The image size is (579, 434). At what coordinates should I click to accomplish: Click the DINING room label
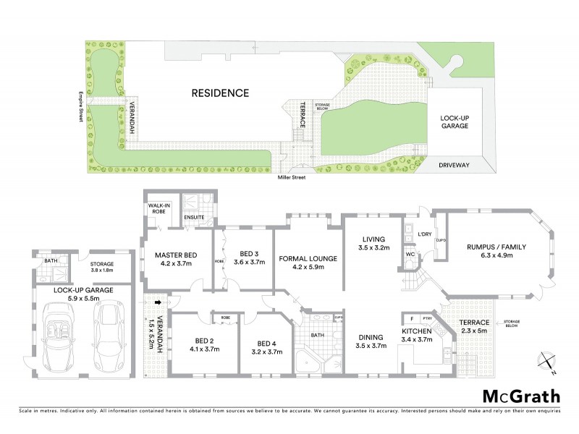click(x=371, y=340)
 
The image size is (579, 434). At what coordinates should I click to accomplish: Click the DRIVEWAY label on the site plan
click(x=455, y=165)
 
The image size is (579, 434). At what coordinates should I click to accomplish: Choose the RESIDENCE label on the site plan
click(x=220, y=93)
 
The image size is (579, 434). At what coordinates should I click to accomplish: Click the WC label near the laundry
click(x=409, y=255)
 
